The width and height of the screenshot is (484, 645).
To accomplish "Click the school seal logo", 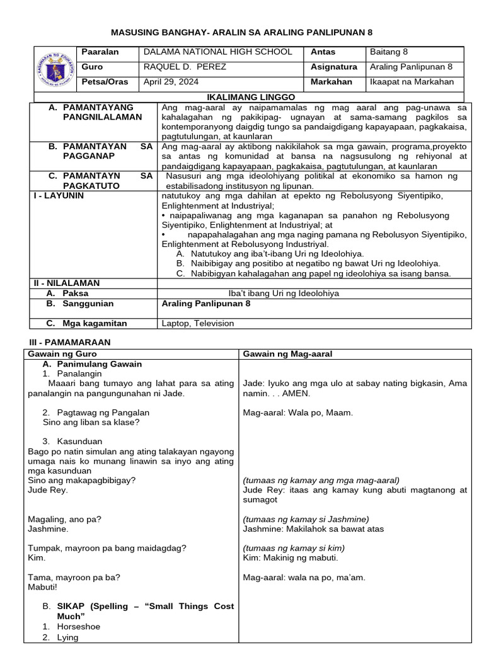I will [54, 70].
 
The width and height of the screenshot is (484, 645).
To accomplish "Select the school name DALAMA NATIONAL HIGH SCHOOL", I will [218, 52].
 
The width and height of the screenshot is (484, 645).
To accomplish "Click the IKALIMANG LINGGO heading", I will [248, 98].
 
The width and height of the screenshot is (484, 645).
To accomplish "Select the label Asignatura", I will [333, 67].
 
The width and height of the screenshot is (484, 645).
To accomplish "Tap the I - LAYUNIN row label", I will [59, 196].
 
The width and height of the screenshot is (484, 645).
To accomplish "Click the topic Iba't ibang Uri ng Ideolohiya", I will [284, 293].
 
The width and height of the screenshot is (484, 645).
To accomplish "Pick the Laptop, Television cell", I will [197, 323].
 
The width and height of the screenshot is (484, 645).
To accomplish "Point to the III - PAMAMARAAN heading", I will [70, 342].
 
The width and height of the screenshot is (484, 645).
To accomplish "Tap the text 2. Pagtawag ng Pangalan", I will [96, 413].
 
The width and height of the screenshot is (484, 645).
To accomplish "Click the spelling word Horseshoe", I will [78, 627].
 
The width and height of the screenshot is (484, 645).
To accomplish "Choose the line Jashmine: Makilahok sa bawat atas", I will [313, 529].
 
